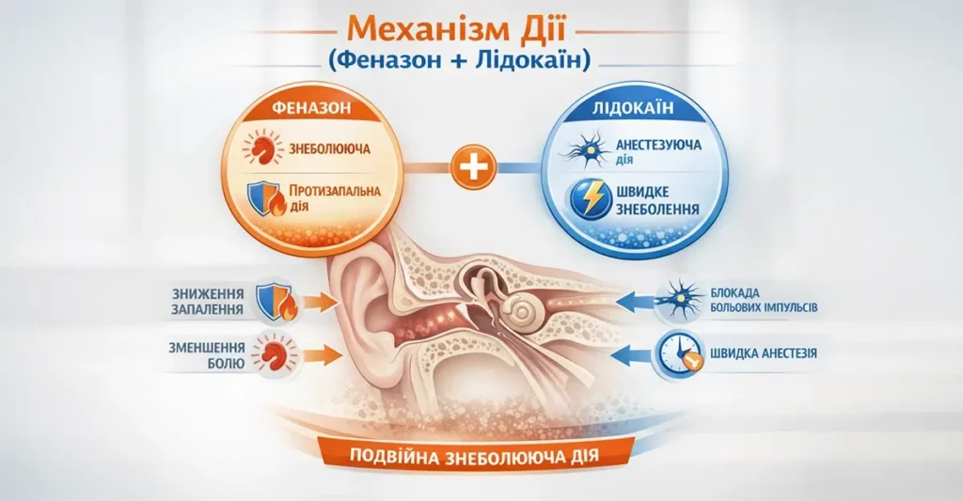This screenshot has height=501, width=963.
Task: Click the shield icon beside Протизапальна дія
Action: (261, 199)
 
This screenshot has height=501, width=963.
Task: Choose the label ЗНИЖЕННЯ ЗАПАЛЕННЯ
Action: (210, 300)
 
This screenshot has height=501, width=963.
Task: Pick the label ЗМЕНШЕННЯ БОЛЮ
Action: (210, 354)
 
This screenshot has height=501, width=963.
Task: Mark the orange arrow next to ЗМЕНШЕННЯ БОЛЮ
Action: (321, 355)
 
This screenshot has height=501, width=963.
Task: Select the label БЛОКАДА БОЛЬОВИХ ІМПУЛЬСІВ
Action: (773, 300)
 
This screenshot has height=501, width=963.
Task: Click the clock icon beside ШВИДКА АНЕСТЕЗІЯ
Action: (679, 353)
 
